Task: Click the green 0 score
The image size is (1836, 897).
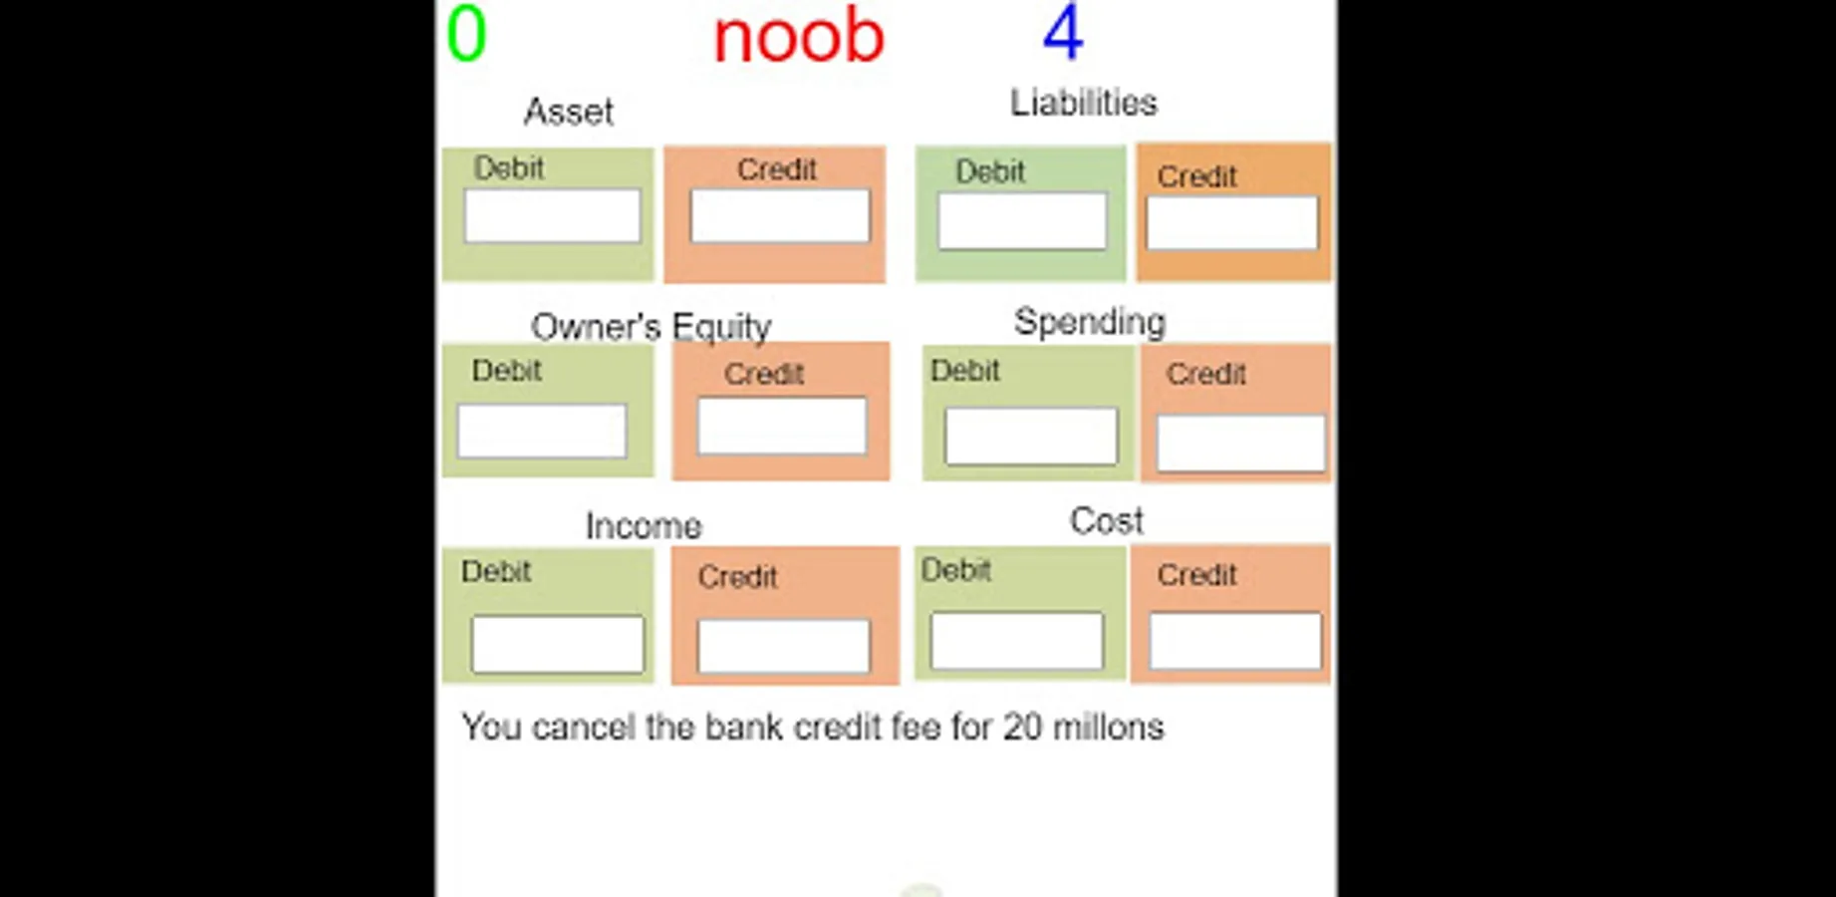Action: click(x=466, y=34)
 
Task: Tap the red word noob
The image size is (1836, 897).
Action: click(x=799, y=37)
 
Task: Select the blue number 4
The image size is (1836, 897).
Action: click(x=1063, y=33)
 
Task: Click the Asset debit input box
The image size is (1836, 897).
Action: click(x=552, y=216)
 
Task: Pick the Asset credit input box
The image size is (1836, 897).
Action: click(x=780, y=216)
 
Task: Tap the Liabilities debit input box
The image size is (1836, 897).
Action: click(x=1022, y=220)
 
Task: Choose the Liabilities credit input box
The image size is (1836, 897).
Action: click(x=1232, y=222)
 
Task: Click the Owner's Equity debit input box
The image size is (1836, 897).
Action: click(x=542, y=431)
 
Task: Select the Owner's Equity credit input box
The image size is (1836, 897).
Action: click(x=782, y=426)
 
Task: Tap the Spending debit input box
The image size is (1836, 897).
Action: click(x=1031, y=436)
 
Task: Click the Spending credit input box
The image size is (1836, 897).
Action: click(x=1240, y=443)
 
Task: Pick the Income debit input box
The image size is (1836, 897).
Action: click(x=558, y=644)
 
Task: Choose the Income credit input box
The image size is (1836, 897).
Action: click(x=784, y=646)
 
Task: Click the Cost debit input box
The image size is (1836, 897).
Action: click(x=1017, y=641)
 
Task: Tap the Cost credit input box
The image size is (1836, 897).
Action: click(x=1235, y=641)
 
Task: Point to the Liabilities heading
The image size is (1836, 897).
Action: click(x=1084, y=103)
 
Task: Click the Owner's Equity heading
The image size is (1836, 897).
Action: click(x=652, y=327)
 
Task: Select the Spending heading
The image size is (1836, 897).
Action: click(x=1090, y=322)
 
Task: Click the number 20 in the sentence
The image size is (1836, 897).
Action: click(x=1022, y=728)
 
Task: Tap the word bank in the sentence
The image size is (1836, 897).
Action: click(x=743, y=728)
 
